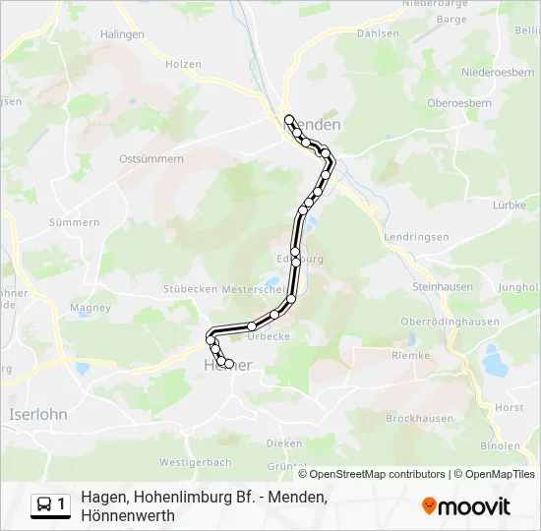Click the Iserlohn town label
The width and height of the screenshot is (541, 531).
[x=37, y=414]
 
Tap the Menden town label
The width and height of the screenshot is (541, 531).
[x=317, y=126]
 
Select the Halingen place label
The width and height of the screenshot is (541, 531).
[x=121, y=33]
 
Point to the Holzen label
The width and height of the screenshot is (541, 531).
[x=184, y=65]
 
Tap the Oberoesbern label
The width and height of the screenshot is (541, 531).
[x=457, y=103]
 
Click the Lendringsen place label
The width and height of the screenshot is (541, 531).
[x=417, y=237]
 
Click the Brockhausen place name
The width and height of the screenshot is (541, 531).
[x=420, y=418]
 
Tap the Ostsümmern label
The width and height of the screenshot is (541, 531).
[x=150, y=158]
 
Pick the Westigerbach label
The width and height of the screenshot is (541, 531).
[x=195, y=462]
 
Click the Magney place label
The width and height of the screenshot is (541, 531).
[x=90, y=308]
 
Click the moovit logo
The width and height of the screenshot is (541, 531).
[x=466, y=506]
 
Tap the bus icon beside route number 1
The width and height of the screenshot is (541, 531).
[x=43, y=505]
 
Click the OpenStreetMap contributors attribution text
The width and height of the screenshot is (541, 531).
[x=377, y=474]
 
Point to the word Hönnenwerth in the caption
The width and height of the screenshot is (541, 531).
[x=128, y=515]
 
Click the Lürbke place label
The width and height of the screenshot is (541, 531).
[x=511, y=206]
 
